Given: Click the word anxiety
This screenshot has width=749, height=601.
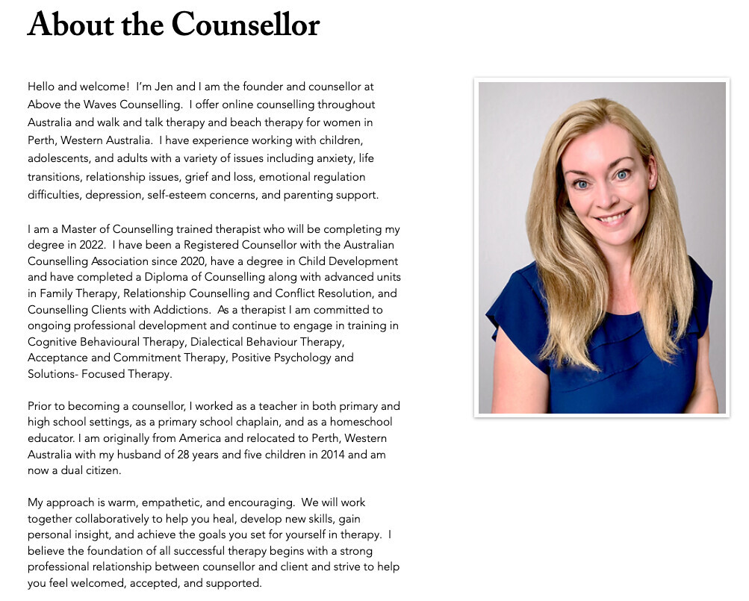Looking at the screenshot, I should tap(333, 159).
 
